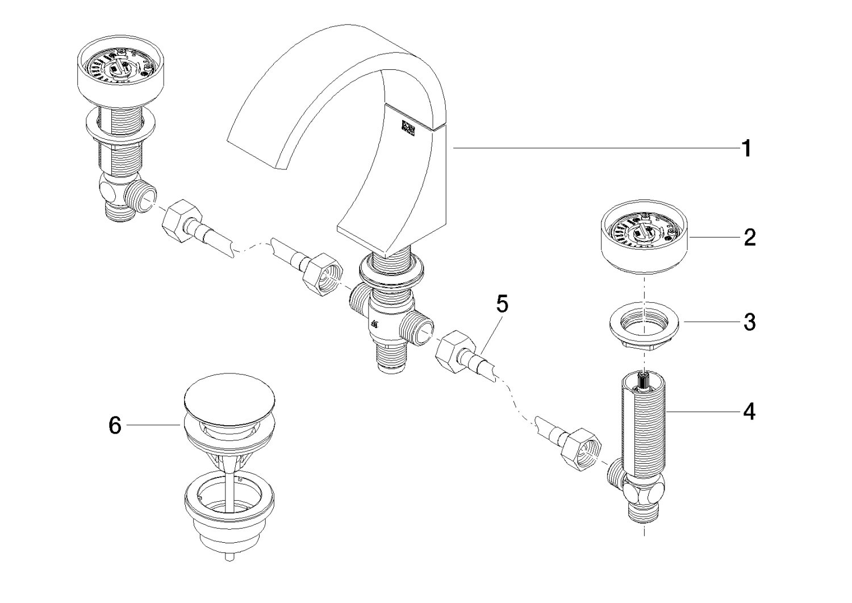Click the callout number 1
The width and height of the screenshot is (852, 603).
tap(746, 149)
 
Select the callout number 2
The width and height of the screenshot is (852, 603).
tap(749, 237)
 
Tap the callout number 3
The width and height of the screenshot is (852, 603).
tap(749, 322)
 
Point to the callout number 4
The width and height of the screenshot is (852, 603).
tap(749, 411)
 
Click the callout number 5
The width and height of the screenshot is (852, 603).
tap(502, 304)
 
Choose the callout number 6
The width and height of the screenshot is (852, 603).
tap(115, 425)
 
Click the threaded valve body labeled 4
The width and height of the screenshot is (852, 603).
tap(644, 421)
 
